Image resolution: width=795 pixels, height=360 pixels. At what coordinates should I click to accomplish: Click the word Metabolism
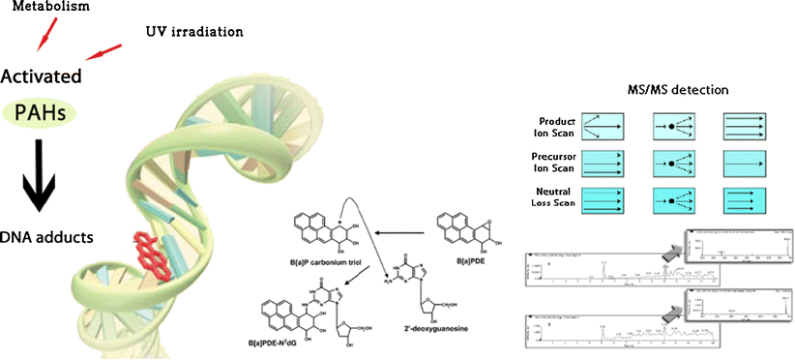(x=44, y=7)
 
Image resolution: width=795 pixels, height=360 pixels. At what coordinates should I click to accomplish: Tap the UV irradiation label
(x=198, y=32)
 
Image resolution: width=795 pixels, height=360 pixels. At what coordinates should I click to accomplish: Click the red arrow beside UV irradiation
(x=104, y=48)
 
